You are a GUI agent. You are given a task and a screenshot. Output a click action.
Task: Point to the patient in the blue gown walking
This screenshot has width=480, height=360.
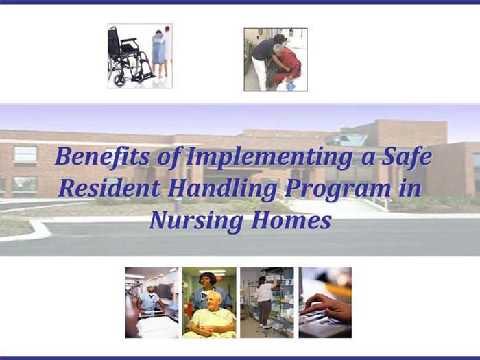pyautogui.click(x=158, y=51)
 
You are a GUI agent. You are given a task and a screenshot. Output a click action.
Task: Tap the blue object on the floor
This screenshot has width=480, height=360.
pyautogui.click(x=290, y=86)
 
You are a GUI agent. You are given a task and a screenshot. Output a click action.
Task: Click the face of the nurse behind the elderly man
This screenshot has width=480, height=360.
pyautogui.click(x=208, y=280)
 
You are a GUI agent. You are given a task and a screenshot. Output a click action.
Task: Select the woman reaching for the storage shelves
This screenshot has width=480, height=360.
pyautogui.click(x=264, y=298)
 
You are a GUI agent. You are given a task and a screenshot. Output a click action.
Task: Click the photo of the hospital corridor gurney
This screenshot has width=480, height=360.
pyautogui.click(x=152, y=302)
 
